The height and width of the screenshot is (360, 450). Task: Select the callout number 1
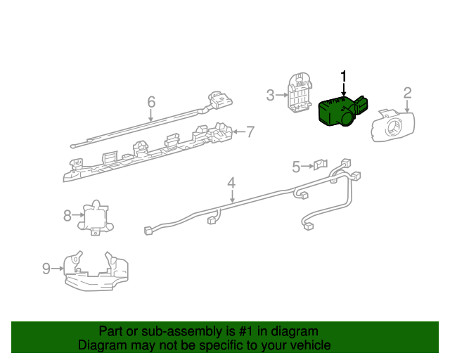coord(344,76)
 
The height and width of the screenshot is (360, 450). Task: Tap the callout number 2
coord(407,92)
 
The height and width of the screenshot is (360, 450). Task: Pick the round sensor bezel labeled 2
coord(392,127)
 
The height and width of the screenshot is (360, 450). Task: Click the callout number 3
coord(271,94)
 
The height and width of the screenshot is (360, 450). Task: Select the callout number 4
coord(231,184)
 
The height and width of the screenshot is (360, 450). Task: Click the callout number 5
coord(296,167)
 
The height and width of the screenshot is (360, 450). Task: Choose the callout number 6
coord(151,103)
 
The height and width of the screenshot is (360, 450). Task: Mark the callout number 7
coord(250,131)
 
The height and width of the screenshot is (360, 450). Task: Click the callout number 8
coord(67,215)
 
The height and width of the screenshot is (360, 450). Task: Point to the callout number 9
coord(46,268)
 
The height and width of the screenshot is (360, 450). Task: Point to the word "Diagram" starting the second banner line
coord(102,345)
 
